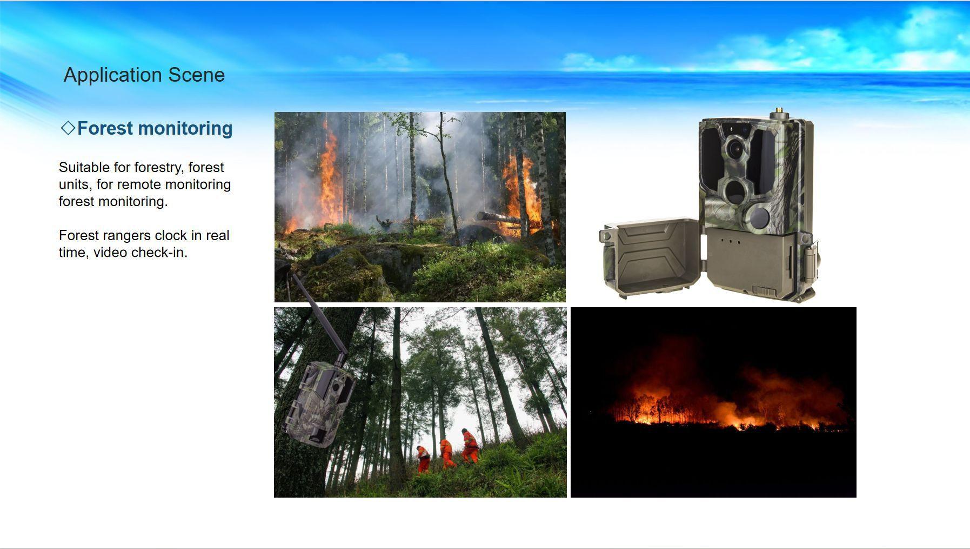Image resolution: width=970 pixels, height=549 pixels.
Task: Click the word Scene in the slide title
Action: [196, 75]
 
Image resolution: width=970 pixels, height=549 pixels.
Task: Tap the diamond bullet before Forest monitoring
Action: [68, 128]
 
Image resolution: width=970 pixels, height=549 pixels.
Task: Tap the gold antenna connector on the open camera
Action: [779, 112]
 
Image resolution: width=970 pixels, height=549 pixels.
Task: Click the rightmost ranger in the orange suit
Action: [469, 446]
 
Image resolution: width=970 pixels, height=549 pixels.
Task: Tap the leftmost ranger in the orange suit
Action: [423, 459]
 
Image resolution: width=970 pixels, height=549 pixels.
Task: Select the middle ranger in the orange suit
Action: [447, 453]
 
